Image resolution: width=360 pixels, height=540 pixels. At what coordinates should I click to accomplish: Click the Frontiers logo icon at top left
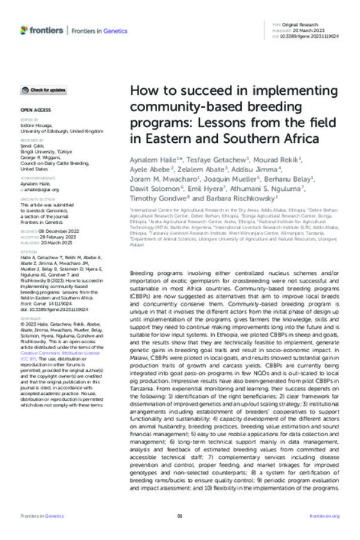pyautogui.click(x=23, y=29)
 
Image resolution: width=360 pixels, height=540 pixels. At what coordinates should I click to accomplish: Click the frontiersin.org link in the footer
pyautogui.click(x=324, y=515)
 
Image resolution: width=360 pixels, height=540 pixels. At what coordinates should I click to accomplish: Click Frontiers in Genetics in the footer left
pyautogui.click(x=38, y=515)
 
